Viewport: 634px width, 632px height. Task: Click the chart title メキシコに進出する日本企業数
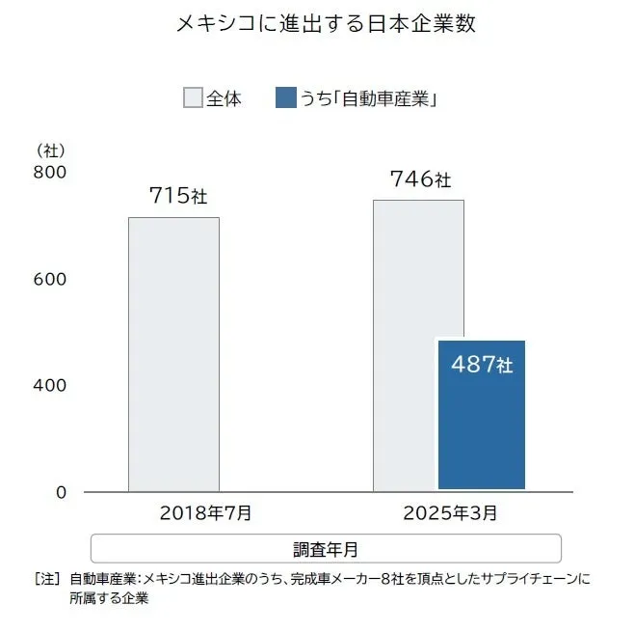pyautogui.click(x=326, y=23)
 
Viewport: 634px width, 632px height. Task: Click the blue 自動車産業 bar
pyautogui.click(x=482, y=425)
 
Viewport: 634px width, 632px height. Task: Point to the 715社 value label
pyautogui.click(x=178, y=196)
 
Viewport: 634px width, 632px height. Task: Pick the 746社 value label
pyautogui.click(x=420, y=179)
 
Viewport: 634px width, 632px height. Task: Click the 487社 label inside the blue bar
pyautogui.click(x=482, y=366)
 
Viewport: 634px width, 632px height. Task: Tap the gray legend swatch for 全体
pyautogui.click(x=193, y=98)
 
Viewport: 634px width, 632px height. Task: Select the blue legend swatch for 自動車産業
pyautogui.click(x=285, y=98)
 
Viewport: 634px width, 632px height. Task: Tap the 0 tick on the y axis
pyautogui.click(x=60, y=492)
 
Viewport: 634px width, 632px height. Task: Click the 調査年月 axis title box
pyautogui.click(x=326, y=548)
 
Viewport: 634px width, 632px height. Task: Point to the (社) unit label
pyautogui.click(x=50, y=151)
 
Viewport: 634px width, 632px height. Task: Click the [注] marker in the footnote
pyautogui.click(x=47, y=579)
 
